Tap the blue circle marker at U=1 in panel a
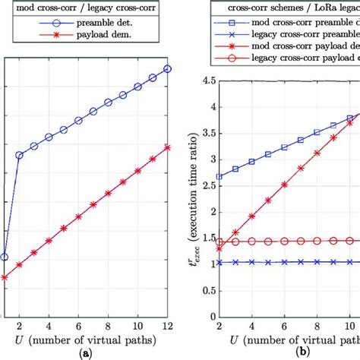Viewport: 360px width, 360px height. [x=5, y=257]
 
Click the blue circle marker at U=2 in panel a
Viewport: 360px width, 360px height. [x=19, y=155]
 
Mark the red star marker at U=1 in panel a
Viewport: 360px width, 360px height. [x=5, y=277]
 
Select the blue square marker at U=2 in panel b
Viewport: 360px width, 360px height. [x=219, y=176]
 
